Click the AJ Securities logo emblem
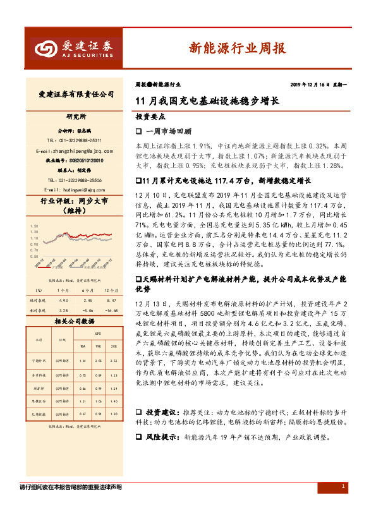click(46, 47)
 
